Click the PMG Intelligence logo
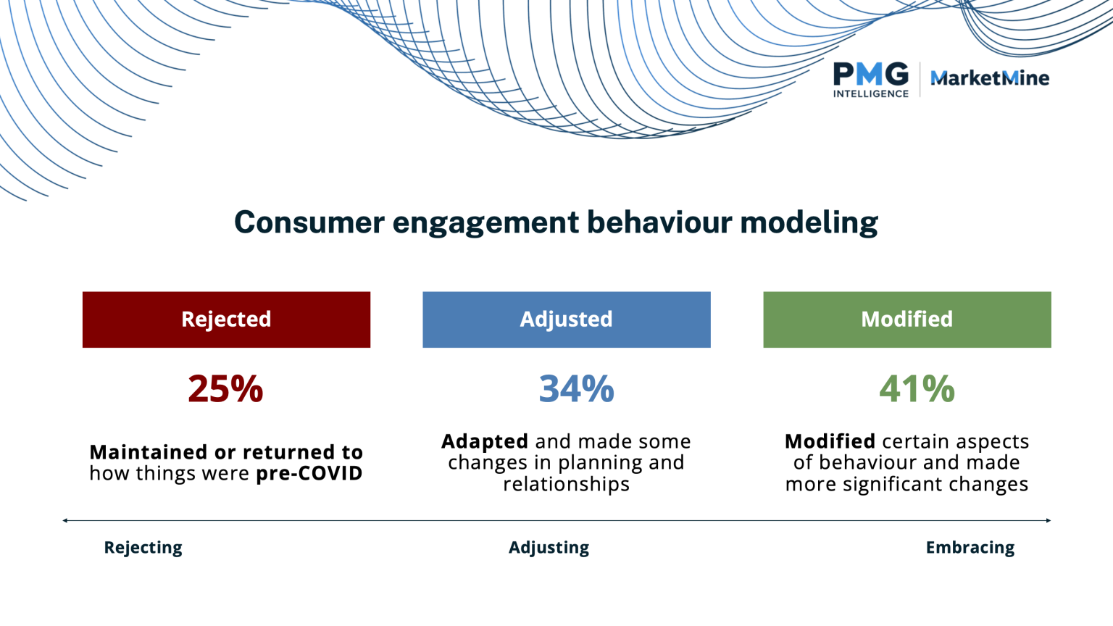870,79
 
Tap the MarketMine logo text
989,78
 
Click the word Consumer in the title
309,222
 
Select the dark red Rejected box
226,320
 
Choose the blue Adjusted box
566,320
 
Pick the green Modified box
906,320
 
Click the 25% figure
225,389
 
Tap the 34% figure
576,389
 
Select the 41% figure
917,389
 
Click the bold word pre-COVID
309,474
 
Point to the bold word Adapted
485,441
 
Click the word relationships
566,484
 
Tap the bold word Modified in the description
830,441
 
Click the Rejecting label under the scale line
143,548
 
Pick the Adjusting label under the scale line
549,548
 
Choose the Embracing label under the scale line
970,548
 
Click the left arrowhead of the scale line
65,520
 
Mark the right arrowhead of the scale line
1049,520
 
